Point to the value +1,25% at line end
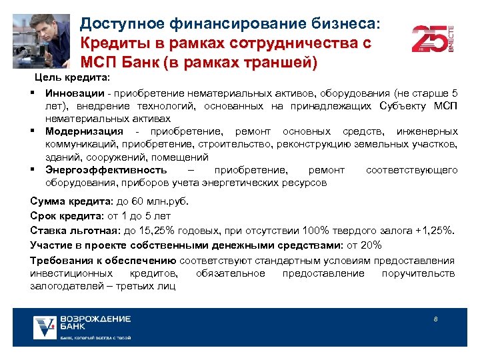(x=434, y=231)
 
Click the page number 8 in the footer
(x=435, y=319)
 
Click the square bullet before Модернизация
(x=33, y=131)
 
